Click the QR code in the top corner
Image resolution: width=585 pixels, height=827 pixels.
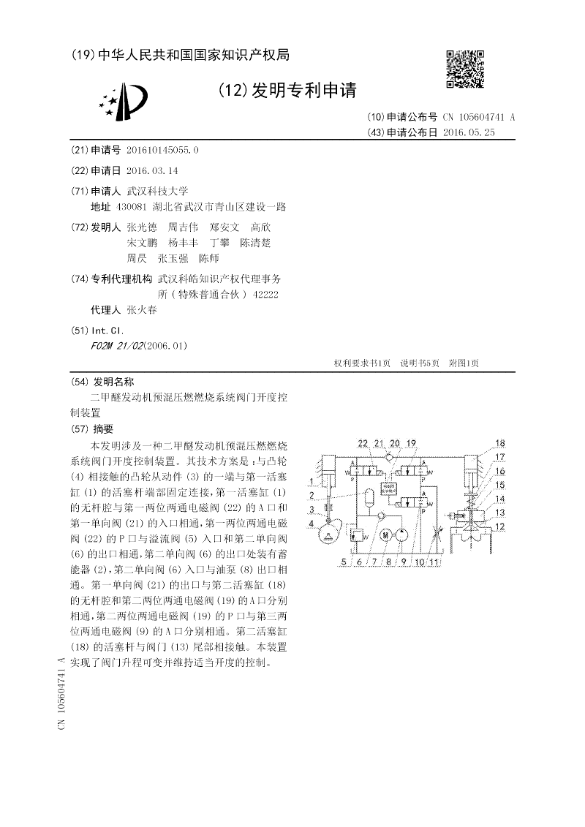click(x=465, y=69)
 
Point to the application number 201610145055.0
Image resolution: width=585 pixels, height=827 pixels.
click(x=162, y=150)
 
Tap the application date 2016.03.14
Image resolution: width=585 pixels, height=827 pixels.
click(x=152, y=170)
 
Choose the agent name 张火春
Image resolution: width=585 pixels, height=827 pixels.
click(x=142, y=309)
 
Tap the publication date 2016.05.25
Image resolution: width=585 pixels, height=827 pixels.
click(x=469, y=132)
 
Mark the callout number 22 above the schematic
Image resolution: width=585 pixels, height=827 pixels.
click(x=363, y=444)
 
